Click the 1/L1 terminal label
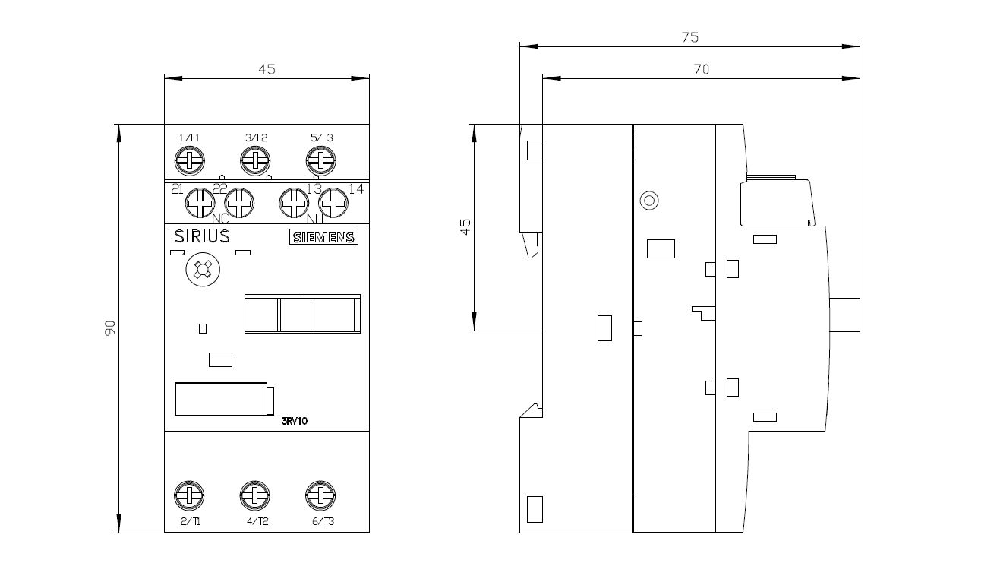(x=189, y=138)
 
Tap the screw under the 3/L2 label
(x=256, y=160)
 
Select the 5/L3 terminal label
(x=321, y=138)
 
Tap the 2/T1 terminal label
(x=191, y=521)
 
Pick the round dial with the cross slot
(x=201, y=270)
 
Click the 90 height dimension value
(x=109, y=328)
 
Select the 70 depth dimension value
(x=701, y=69)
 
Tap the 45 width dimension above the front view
(x=267, y=69)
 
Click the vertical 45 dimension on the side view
(x=466, y=226)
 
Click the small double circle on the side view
(x=648, y=201)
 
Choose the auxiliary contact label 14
(x=356, y=189)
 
